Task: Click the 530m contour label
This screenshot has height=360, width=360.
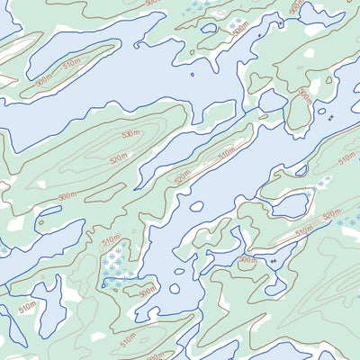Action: (x=131, y=134)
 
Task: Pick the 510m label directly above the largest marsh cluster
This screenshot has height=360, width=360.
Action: (x=111, y=241)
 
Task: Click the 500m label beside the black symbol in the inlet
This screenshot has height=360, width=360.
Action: (x=247, y=260)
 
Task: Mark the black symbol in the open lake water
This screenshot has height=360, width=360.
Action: (x=330, y=118)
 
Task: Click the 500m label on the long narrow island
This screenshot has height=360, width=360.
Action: (x=183, y=175)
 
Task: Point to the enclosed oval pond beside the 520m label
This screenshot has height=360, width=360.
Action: (x=291, y=205)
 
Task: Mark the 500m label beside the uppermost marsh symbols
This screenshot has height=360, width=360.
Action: (x=240, y=28)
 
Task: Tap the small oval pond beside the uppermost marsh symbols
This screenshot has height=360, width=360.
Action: (x=209, y=28)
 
